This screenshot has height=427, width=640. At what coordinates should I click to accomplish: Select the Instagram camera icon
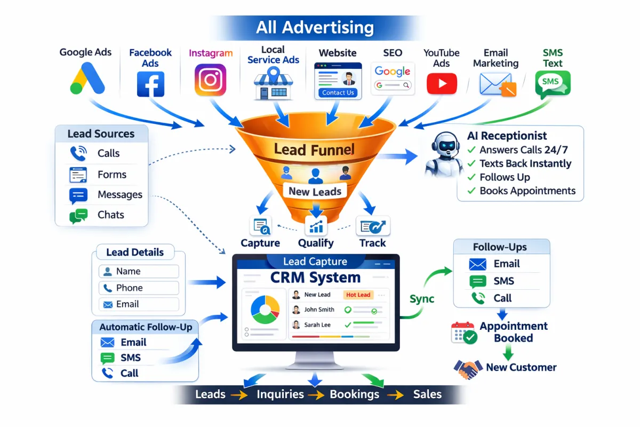click(211, 80)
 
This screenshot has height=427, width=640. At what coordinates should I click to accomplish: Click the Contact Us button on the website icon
click(338, 92)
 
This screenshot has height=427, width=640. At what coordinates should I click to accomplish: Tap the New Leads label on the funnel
click(315, 191)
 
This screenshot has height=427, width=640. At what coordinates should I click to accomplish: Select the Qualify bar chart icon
click(316, 226)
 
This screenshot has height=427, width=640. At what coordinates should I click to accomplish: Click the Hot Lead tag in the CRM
click(358, 295)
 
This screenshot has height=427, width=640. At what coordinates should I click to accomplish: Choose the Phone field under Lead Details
click(139, 288)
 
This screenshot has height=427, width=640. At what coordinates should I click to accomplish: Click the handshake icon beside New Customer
click(468, 368)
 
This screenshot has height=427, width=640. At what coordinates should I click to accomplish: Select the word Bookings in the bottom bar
click(354, 395)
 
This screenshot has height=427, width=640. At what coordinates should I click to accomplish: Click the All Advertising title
click(315, 27)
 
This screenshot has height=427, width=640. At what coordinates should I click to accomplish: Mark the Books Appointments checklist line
click(521, 191)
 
